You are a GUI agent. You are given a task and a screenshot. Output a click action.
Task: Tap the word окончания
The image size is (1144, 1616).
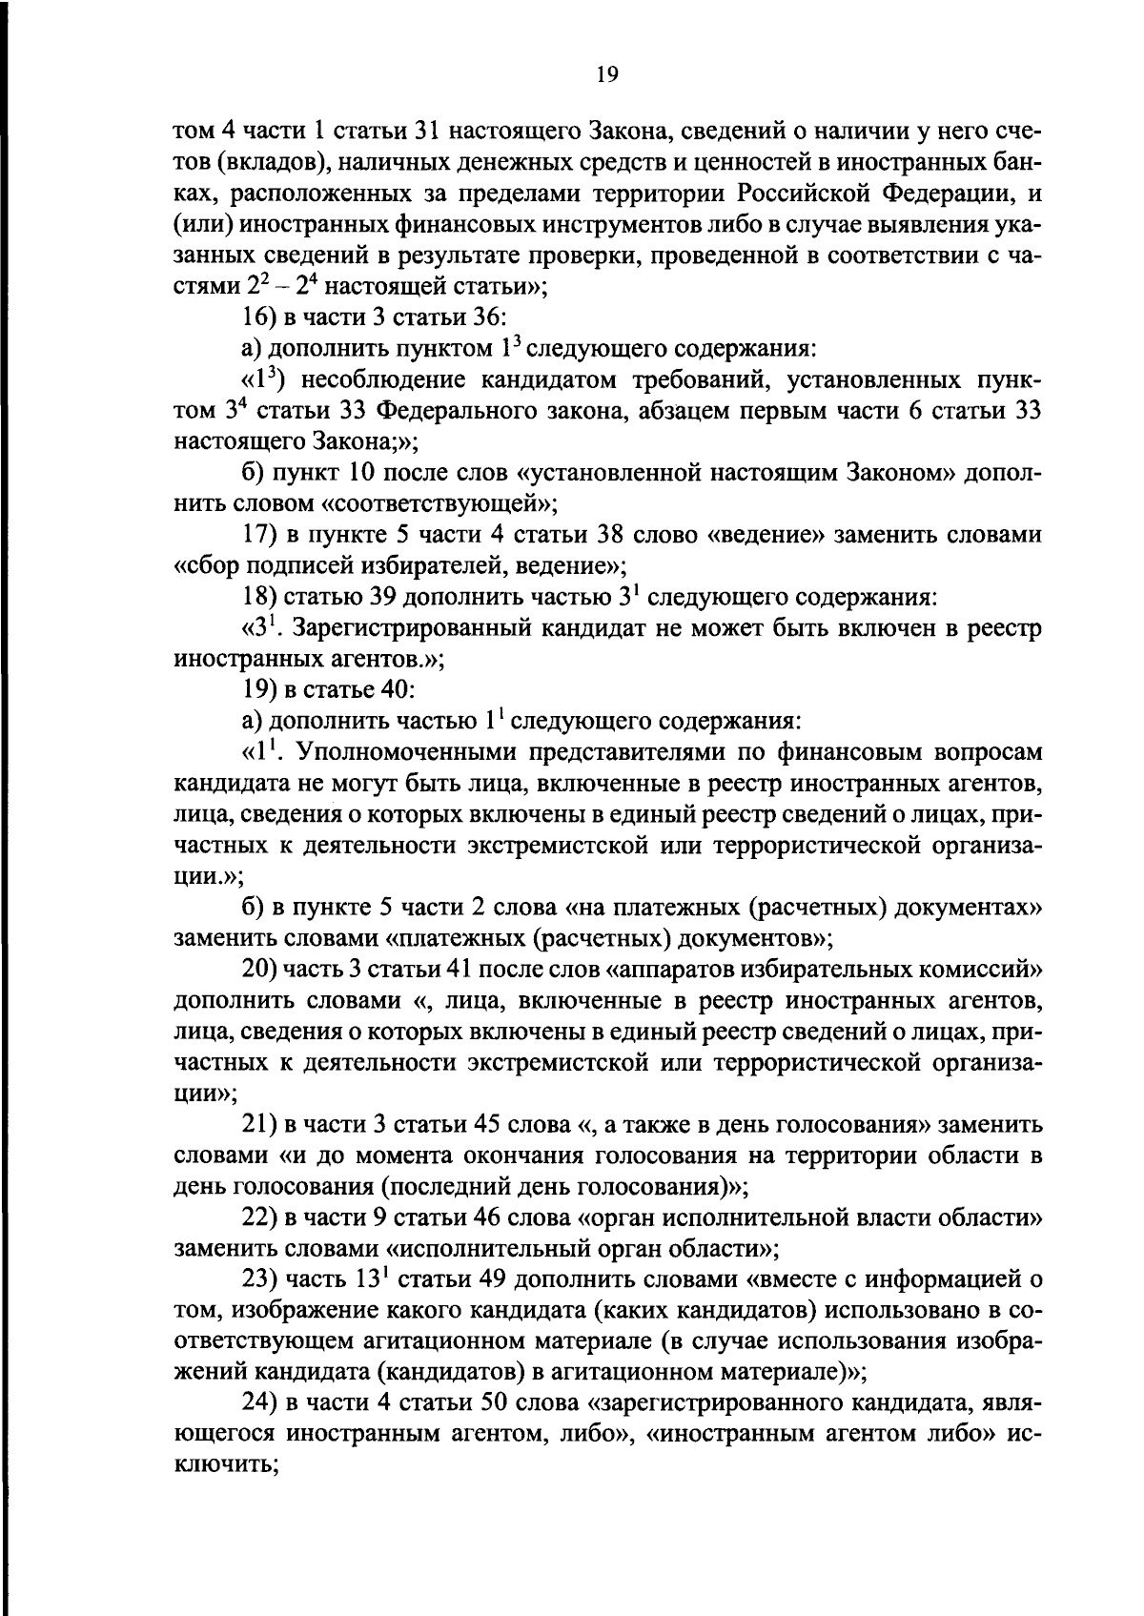[x=521, y=1156]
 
